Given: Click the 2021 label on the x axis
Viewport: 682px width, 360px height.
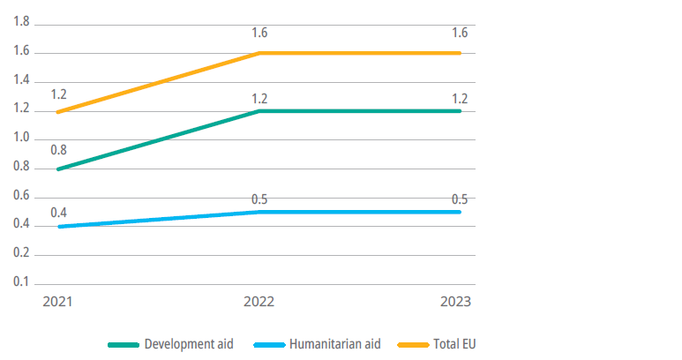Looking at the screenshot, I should pyautogui.click(x=58, y=302).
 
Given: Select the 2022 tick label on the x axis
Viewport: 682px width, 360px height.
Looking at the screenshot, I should pyautogui.click(x=259, y=302).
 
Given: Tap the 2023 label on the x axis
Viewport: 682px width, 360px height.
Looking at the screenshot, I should pyautogui.click(x=458, y=302).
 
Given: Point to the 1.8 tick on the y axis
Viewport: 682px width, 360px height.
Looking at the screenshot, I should pyautogui.click(x=21, y=23).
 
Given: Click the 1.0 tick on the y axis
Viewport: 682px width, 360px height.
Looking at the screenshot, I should pyautogui.click(x=21, y=139).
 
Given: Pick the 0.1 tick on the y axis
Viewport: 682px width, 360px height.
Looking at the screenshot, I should pyautogui.click(x=21, y=282).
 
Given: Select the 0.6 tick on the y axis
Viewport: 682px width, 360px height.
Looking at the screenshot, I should pyautogui.click(x=21, y=196).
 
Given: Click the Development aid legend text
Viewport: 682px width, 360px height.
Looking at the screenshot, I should pyautogui.click(x=188, y=343).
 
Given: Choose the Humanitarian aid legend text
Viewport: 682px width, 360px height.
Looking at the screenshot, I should pyautogui.click(x=334, y=343).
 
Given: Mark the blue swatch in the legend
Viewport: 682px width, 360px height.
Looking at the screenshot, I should pyautogui.click(x=267, y=344).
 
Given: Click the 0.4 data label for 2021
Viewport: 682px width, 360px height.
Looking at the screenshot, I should pyautogui.click(x=59, y=212).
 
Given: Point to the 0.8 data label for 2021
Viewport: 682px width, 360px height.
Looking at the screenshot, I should pyautogui.click(x=59, y=150).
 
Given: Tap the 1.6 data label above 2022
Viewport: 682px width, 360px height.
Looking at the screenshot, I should pyautogui.click(x=259, y=34).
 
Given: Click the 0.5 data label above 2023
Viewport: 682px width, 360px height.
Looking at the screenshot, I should pyautogui.click(x=459, y=197).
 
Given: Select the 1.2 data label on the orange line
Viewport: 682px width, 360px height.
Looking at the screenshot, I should pyautogui.click(x=59, y=93).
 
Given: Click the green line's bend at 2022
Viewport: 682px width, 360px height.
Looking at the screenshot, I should pyautogui.click(x=259, y=111).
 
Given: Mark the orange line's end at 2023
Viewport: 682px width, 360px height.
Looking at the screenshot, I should pyautogui.click(x=459, y=53).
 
